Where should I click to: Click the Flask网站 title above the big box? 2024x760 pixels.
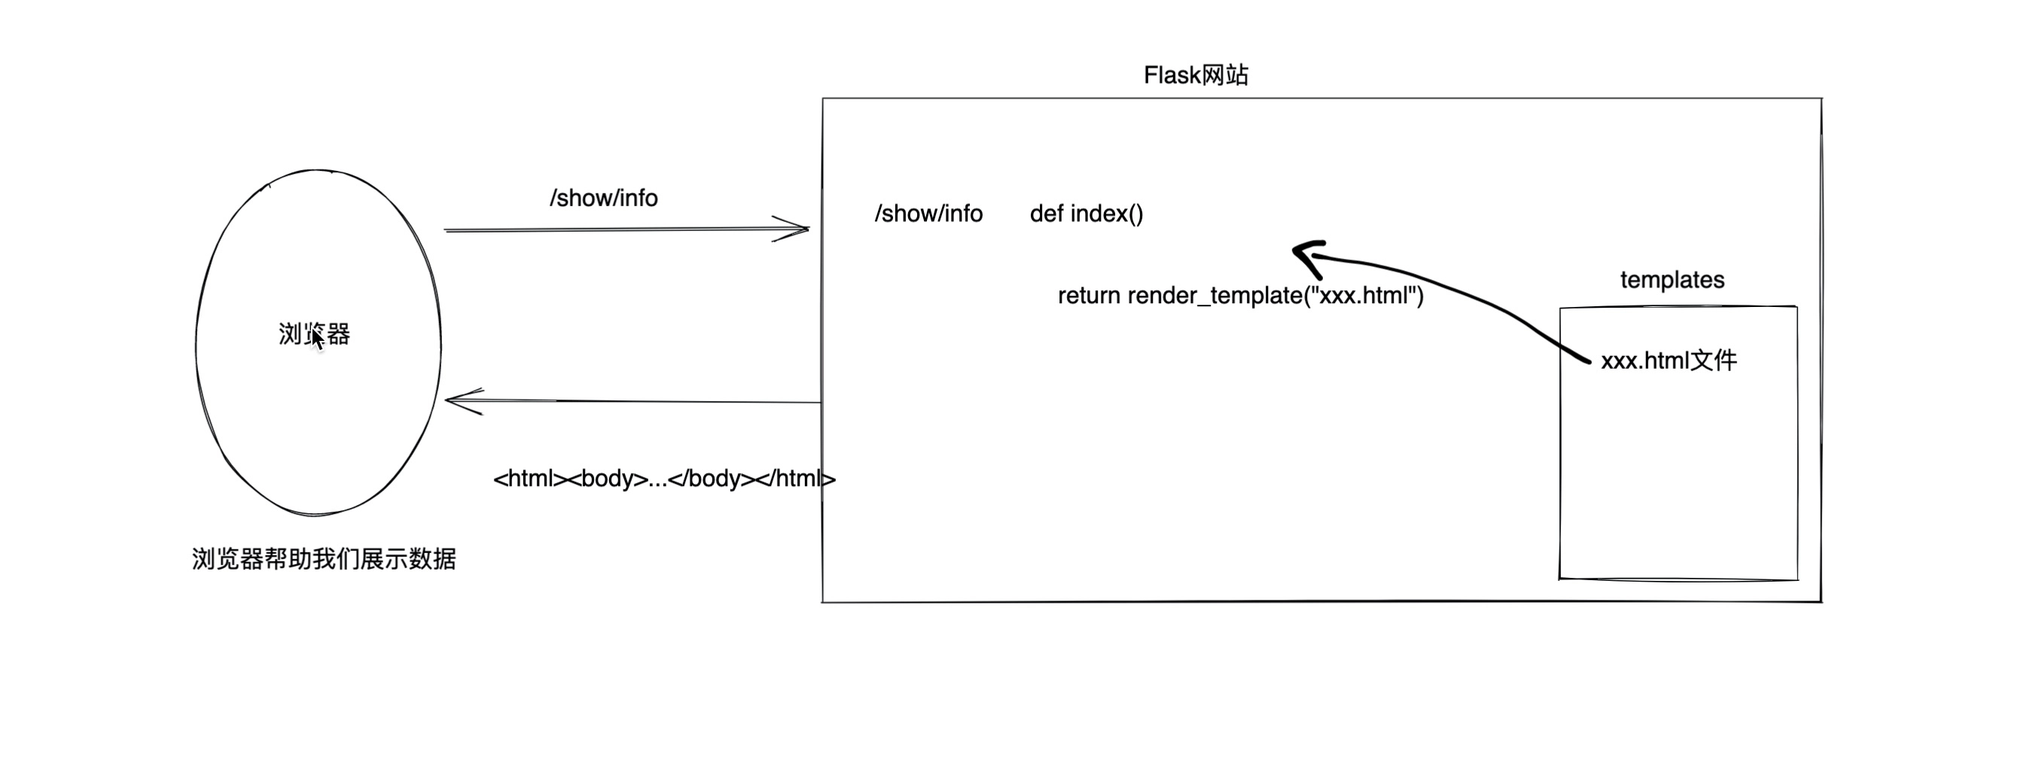[x=1195, y=75]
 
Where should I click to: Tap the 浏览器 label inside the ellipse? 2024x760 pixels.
[x=314, y=334]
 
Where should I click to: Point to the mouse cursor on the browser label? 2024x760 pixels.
[x=317, y=339]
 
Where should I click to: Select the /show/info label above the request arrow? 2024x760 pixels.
[x=603, y=198]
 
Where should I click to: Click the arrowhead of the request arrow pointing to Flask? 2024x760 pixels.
[x=801, y=230]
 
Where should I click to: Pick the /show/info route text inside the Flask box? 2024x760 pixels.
[x=928, y=214]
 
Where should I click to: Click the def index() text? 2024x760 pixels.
[x=1086, y=214]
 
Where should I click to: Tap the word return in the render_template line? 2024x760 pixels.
[x=1089, y=296]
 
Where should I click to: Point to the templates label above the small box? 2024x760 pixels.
[x=1672, y=280]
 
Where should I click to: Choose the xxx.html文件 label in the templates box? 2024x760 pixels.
[x=1669, y=360]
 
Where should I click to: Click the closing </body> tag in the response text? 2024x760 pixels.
[x=710, y=479]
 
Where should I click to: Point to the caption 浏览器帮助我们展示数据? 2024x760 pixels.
[x=324, y=559]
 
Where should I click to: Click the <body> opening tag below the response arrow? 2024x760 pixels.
[x=608, y=479]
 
